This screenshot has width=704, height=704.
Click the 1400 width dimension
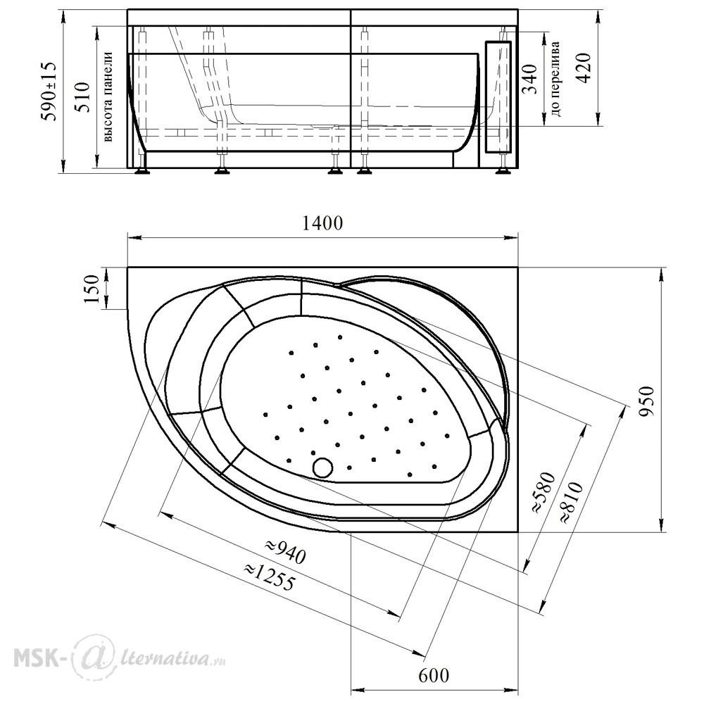[322, 222]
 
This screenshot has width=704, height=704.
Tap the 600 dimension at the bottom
[434, 675]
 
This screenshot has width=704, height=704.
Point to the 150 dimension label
[91, 289]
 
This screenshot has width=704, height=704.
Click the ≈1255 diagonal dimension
[270, 576]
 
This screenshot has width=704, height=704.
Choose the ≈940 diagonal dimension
[285, 551]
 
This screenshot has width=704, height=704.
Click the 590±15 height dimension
[49, 91]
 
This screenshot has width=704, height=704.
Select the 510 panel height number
[82, 96]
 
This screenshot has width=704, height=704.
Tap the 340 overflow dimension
[530, 79]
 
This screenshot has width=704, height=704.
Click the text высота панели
[107, 96]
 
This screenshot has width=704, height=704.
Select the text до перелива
[555, 79]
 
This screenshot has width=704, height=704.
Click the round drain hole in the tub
[322, 467]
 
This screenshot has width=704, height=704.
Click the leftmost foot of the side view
[143, 170]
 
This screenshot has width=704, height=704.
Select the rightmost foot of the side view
[503, 170]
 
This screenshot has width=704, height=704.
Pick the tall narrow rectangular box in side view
[498, 96]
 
